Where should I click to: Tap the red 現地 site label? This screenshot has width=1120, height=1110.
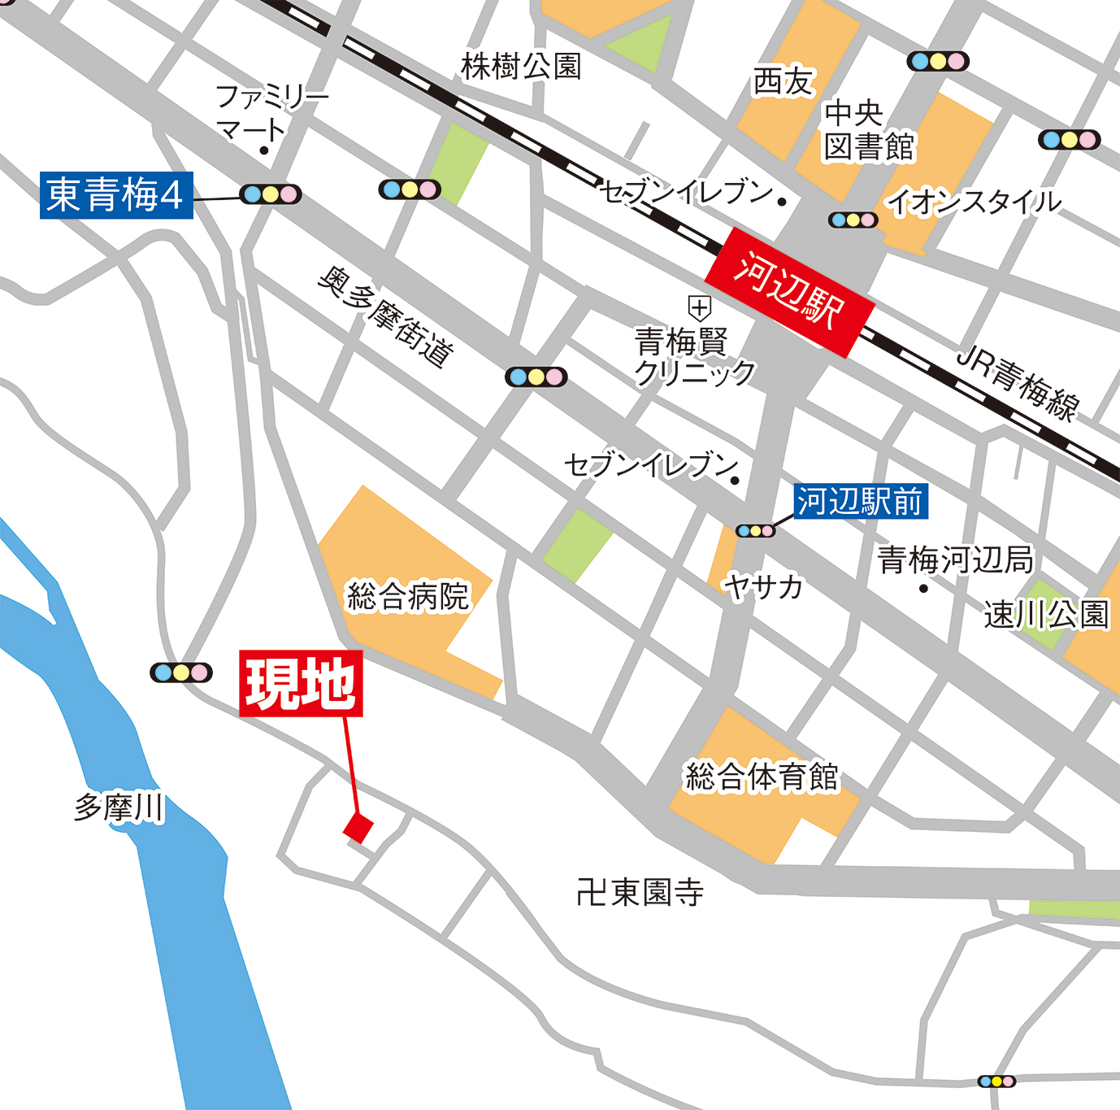click(301, 684)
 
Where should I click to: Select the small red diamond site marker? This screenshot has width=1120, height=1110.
click(358, 829)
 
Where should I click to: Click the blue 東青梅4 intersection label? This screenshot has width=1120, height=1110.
click(116, 195)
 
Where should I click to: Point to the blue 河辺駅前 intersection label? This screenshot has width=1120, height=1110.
click(860, 502)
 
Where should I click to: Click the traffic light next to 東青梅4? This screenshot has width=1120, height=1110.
click(271, 194)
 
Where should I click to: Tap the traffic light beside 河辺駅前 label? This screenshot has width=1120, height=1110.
click(755, 531)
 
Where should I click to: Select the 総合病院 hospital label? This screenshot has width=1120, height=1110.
click(408, 596)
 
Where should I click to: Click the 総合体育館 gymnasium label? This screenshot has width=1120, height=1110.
click(762, 777)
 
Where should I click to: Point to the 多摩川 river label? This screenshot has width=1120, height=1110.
click(119, 807)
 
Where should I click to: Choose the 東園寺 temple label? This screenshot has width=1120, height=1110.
click(640, 892)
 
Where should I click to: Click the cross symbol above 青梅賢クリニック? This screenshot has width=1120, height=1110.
click(699, 308)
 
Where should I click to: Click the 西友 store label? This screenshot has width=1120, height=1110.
click(784, 81)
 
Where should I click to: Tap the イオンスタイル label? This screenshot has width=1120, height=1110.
click(974, 202)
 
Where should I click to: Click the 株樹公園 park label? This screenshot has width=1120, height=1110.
click(521, 67)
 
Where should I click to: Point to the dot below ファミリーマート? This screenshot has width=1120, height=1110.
click(263, 150)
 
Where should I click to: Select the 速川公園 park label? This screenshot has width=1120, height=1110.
click(1046, 615)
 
